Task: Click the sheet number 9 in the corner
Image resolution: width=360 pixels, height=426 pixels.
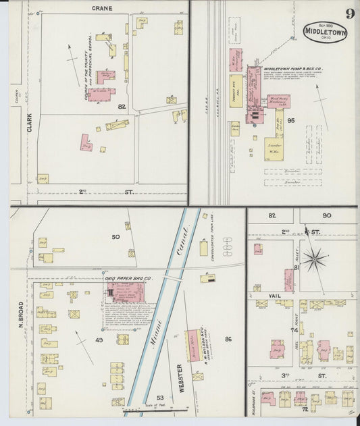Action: [349, 14]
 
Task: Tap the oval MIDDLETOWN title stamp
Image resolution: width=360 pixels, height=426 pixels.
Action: [325, 32]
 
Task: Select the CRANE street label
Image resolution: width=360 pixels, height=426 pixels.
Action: [101, 9]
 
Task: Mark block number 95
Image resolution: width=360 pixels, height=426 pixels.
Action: [291, 119]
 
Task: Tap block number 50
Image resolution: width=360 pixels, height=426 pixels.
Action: [115, 236]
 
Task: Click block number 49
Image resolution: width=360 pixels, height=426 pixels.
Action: [99, 340]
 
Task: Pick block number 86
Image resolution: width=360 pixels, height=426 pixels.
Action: [228, 339]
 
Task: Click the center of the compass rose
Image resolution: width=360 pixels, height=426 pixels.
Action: [313, 258]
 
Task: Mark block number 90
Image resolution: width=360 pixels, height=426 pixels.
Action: [327, 215]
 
